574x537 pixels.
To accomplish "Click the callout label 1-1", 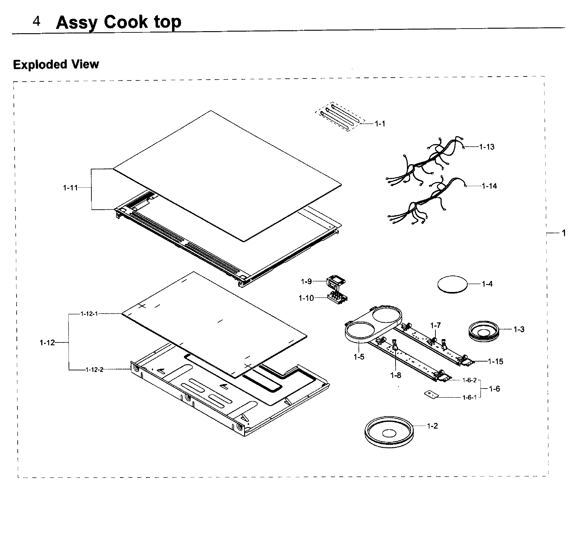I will (380, 124).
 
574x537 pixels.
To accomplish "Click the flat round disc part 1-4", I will (452, 284).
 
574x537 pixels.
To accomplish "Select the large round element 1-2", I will (389, 432).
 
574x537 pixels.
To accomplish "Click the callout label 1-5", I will (359, 357).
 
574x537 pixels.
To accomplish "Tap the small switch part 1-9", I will (335, 282).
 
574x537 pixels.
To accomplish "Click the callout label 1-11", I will (70, 188).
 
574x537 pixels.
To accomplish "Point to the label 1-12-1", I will (89, 314).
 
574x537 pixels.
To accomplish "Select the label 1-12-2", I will (94, 370).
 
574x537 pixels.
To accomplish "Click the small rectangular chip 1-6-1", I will (431, 394).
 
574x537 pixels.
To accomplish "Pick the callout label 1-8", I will (396, 375).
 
